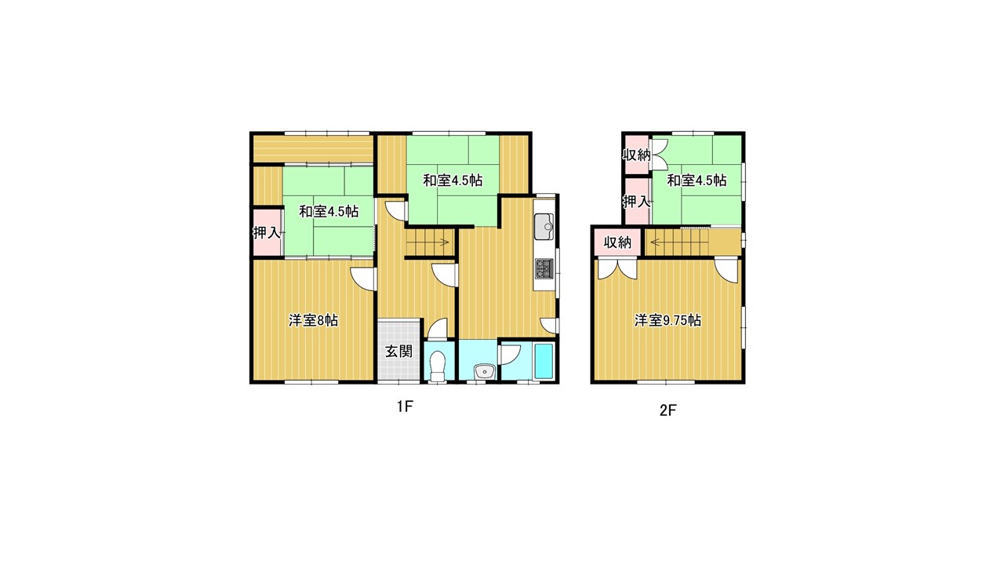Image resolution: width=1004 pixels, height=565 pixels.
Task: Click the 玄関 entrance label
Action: tap(398, 351)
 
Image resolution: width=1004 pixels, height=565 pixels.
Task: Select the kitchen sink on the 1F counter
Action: tap(544, 227)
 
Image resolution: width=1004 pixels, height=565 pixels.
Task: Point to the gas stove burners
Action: tap(544, 268)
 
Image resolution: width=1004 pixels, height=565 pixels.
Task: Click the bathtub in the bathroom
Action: tap(544, 361)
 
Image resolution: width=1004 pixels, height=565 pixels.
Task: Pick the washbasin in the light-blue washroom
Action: tap(484, 372)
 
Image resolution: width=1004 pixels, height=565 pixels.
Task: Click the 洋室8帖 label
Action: tap(313, 320)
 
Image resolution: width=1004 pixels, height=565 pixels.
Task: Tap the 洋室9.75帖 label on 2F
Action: tap(668, 320)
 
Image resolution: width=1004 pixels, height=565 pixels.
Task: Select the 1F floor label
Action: tap(404, 406)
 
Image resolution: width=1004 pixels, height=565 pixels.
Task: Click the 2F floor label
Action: tap(668, 410)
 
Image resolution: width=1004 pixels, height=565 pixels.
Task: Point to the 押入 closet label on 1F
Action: tap(267, 233)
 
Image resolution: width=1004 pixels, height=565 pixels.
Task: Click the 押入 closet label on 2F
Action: tap(636, 202)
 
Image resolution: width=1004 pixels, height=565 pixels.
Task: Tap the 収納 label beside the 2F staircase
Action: tap(617, 242)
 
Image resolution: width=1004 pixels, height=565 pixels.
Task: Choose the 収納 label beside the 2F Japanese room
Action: tap(636, 155)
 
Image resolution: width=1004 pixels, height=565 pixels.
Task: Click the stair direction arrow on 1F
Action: tap(427, 242)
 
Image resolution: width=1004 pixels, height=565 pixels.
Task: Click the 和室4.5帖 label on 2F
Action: tap(697, 180)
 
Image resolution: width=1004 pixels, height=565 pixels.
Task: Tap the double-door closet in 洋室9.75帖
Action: tap(617, 269)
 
